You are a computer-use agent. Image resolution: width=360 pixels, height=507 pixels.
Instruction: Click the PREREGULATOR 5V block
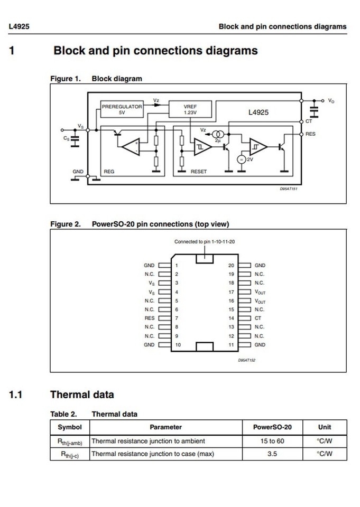point(122,109)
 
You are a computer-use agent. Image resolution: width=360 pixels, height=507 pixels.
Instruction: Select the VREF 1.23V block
point(190,109)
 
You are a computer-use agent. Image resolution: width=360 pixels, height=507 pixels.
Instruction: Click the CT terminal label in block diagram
point(309,121)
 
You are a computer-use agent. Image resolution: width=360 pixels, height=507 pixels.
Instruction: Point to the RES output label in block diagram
point(310,134)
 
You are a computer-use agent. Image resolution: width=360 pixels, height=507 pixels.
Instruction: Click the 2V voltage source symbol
point(241,159)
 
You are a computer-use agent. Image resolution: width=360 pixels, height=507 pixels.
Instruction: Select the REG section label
point(109,172)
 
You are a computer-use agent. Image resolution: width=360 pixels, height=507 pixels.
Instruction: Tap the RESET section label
point(199,172)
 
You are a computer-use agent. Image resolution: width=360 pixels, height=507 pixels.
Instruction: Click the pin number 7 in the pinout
point(177,318)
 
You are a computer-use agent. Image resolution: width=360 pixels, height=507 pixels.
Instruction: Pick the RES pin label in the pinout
point(150,318)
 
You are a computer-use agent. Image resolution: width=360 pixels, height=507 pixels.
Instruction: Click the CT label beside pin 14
point(258,318)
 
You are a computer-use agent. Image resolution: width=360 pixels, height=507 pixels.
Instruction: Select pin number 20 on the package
point(231,265)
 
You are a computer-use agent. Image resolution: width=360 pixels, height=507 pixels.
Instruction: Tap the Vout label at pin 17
point(260,292)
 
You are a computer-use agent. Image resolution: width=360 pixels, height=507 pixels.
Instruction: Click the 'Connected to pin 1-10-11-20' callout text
point(205,242)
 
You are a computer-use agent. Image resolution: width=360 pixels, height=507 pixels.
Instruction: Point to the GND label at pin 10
point(150,345)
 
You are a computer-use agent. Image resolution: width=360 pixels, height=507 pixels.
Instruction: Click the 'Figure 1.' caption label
point(65,79)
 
